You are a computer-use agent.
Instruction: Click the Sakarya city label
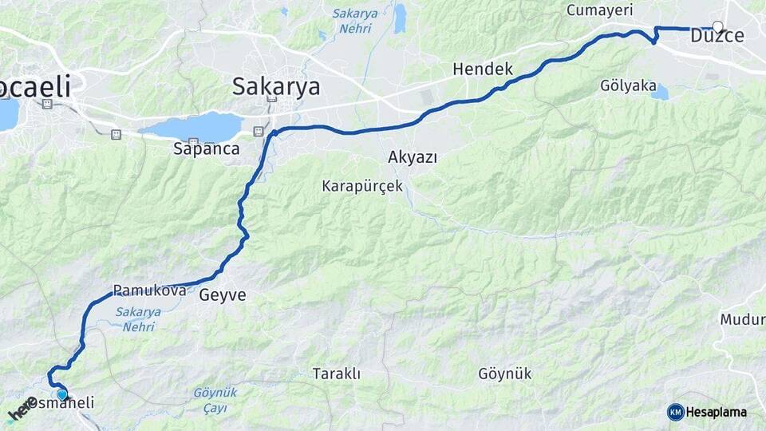(275, 86)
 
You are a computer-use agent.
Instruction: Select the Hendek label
(483, 69)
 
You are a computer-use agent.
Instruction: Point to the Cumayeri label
(599, 10)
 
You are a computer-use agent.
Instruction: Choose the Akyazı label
(413, 156)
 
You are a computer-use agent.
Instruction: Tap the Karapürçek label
(361, 187)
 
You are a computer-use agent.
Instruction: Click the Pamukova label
(149, 291)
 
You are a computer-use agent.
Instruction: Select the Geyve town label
(223, 295)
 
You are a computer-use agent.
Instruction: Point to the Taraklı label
(337, 374)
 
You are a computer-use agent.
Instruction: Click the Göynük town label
(504, 374)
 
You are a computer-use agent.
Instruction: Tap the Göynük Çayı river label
(215, 400)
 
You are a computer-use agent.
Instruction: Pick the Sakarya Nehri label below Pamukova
(137, 318)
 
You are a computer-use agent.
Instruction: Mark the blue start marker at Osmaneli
(62, 393)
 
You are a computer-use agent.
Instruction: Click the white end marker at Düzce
(717, 26)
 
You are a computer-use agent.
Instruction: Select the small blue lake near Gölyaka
(659, 93)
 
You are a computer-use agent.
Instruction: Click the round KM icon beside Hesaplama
(676, 412)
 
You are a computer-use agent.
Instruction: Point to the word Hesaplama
(717, 413)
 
